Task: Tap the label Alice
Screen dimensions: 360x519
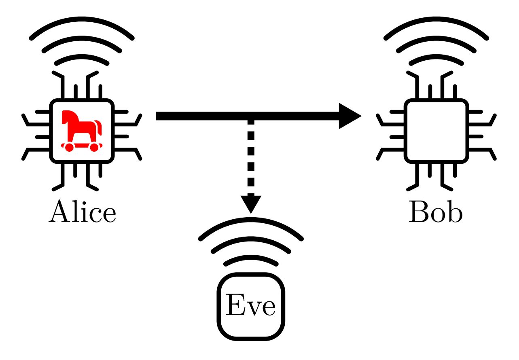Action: [82, 212]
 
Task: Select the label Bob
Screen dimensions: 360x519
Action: [435, 212]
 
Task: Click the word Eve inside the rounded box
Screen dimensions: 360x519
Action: [251, 306]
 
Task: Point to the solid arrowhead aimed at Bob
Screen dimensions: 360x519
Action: [349, 116]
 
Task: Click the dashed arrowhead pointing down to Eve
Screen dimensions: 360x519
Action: [251, 203]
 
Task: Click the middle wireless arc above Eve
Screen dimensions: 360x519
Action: [251, 240]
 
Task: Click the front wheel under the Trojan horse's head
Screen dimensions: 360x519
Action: [94, 148]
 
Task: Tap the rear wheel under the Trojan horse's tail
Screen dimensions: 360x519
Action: [69, 148]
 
